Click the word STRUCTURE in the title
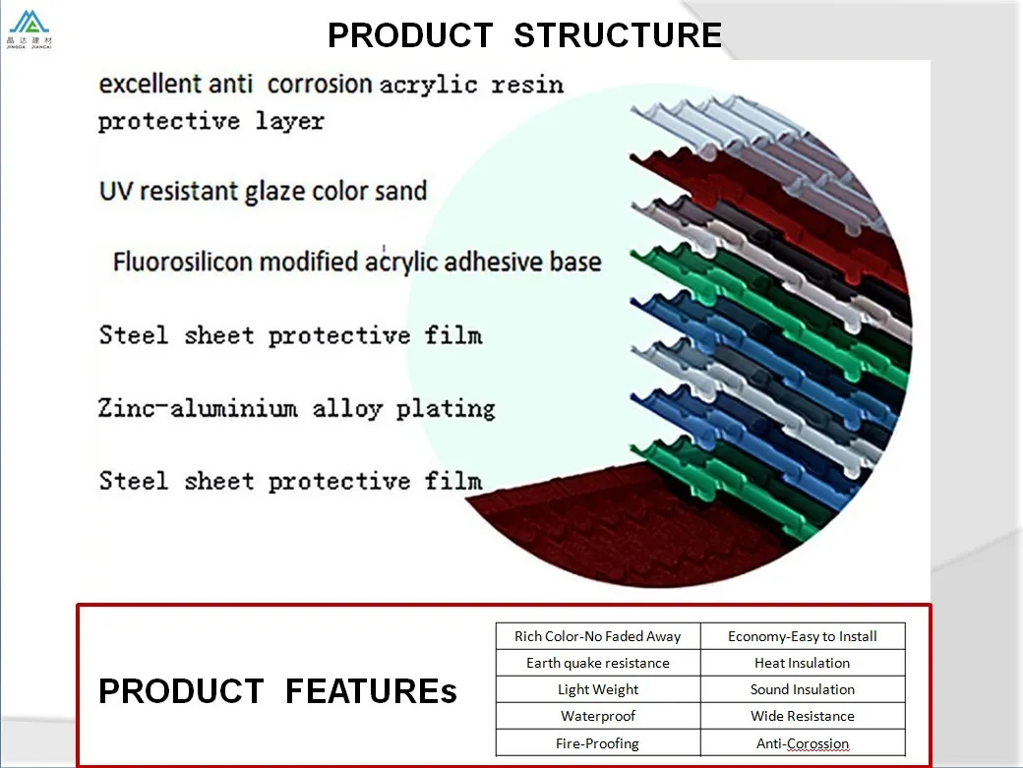[x=618, y=35]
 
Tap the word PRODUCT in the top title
[x=410, y=35]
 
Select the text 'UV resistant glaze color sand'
[x=263, y=190]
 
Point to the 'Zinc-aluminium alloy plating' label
[x=296, y=408]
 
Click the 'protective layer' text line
[x=211, y=121]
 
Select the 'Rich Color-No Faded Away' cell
[x=597, y=636]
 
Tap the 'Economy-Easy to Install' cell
[x=802, y=636]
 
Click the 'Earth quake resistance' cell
[x=597, y=663]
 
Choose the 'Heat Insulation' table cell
[x=802, y=663]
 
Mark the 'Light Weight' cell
[x=597, y=689]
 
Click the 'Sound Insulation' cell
[x=802, y=689]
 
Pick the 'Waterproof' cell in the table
[x=597, y=716]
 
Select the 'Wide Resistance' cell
[x=802, y=716]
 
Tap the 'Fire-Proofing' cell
[x=597, y=743]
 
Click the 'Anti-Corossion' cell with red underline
[x=802, y=743]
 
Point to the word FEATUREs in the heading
[x=371, y=691]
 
